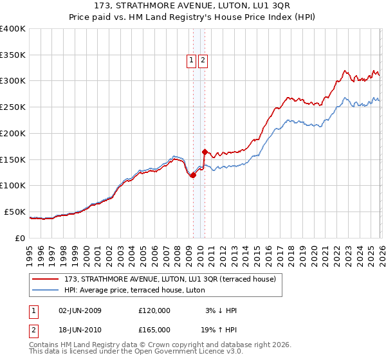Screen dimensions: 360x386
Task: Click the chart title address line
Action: point(193,6)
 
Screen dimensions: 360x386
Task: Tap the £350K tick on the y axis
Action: point(13,55)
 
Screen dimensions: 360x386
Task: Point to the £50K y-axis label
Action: point(15,212)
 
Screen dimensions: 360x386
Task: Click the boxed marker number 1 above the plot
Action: point(192,61)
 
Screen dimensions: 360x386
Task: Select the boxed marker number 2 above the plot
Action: point(203,61)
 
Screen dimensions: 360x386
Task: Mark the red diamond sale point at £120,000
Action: point(193,175)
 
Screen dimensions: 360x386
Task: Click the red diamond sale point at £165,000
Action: point(205,152)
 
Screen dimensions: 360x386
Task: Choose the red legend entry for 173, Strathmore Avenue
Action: point(170,278)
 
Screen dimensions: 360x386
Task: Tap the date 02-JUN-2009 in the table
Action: point(80,310)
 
